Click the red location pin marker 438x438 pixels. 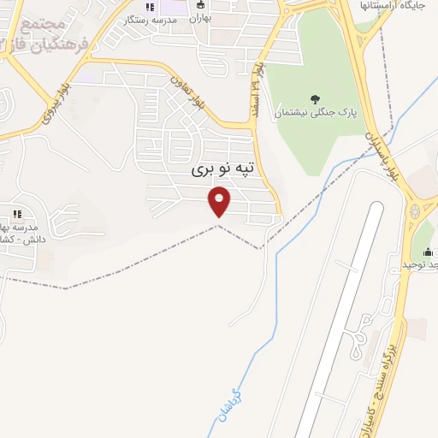point(220,202)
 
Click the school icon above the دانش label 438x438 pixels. point(15,213)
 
